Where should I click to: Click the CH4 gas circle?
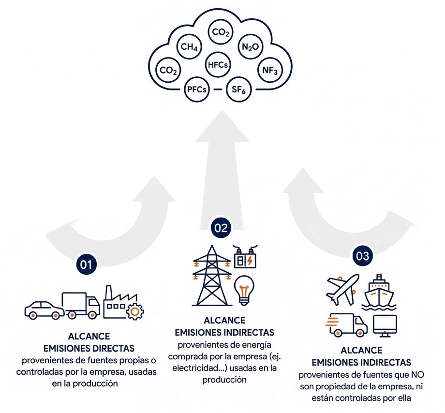pyautogui.click(x=189, y=47)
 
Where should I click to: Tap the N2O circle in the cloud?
pyautogui.click(x=251, y=47)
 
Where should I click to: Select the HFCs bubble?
pyautogui.click(x=218, y=65)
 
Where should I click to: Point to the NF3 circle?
pyautogui.click(x=270, y=70)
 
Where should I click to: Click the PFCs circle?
pyautogui.click(x=197, y=89)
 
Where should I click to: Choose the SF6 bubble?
pyautogui.click(x=238, y=89)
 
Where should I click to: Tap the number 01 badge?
pyautogui.click(x=86, y=265)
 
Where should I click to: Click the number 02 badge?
pyautogui.click(x=221, y=228)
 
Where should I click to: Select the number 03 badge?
pyautogui.click(x=362, y=256)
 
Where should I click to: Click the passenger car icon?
pyautogui.click(x=44, y=310)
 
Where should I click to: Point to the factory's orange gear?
pyautogui.click(x=135, y=311)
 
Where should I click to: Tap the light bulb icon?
pyautogui.click(x=244, y=291)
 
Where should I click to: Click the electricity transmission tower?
pyautogui.click(x=212, y=276)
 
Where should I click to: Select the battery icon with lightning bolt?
pyautogui.click(x=245, y=257)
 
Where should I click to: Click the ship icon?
pyautogui.click(x=379, y=292)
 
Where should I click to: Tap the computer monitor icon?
pyautogui.click(x=385, y=326)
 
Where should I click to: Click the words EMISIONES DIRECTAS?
pyautogui.click(x=89, y=348)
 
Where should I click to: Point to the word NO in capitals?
pyautogui.click(x=417, y=375)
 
